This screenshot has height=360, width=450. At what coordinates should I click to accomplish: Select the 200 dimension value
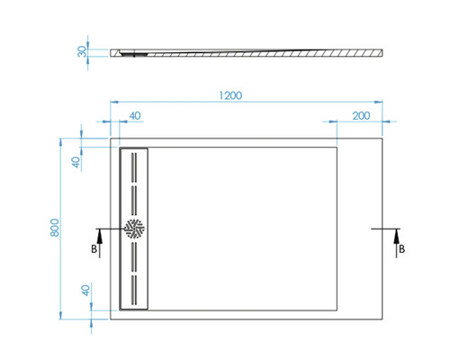(361, 115)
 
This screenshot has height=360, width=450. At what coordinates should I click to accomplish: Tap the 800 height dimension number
(55, 229)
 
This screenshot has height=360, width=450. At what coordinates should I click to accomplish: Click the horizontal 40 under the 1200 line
(134, 115)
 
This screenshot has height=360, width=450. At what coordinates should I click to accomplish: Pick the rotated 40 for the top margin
(76, 162)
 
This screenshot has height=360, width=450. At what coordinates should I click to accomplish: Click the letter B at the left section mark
(94, 248)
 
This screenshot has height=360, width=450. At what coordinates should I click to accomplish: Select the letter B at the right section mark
(401, 248)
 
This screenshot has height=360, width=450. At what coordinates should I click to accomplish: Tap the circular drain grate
(134, 229)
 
